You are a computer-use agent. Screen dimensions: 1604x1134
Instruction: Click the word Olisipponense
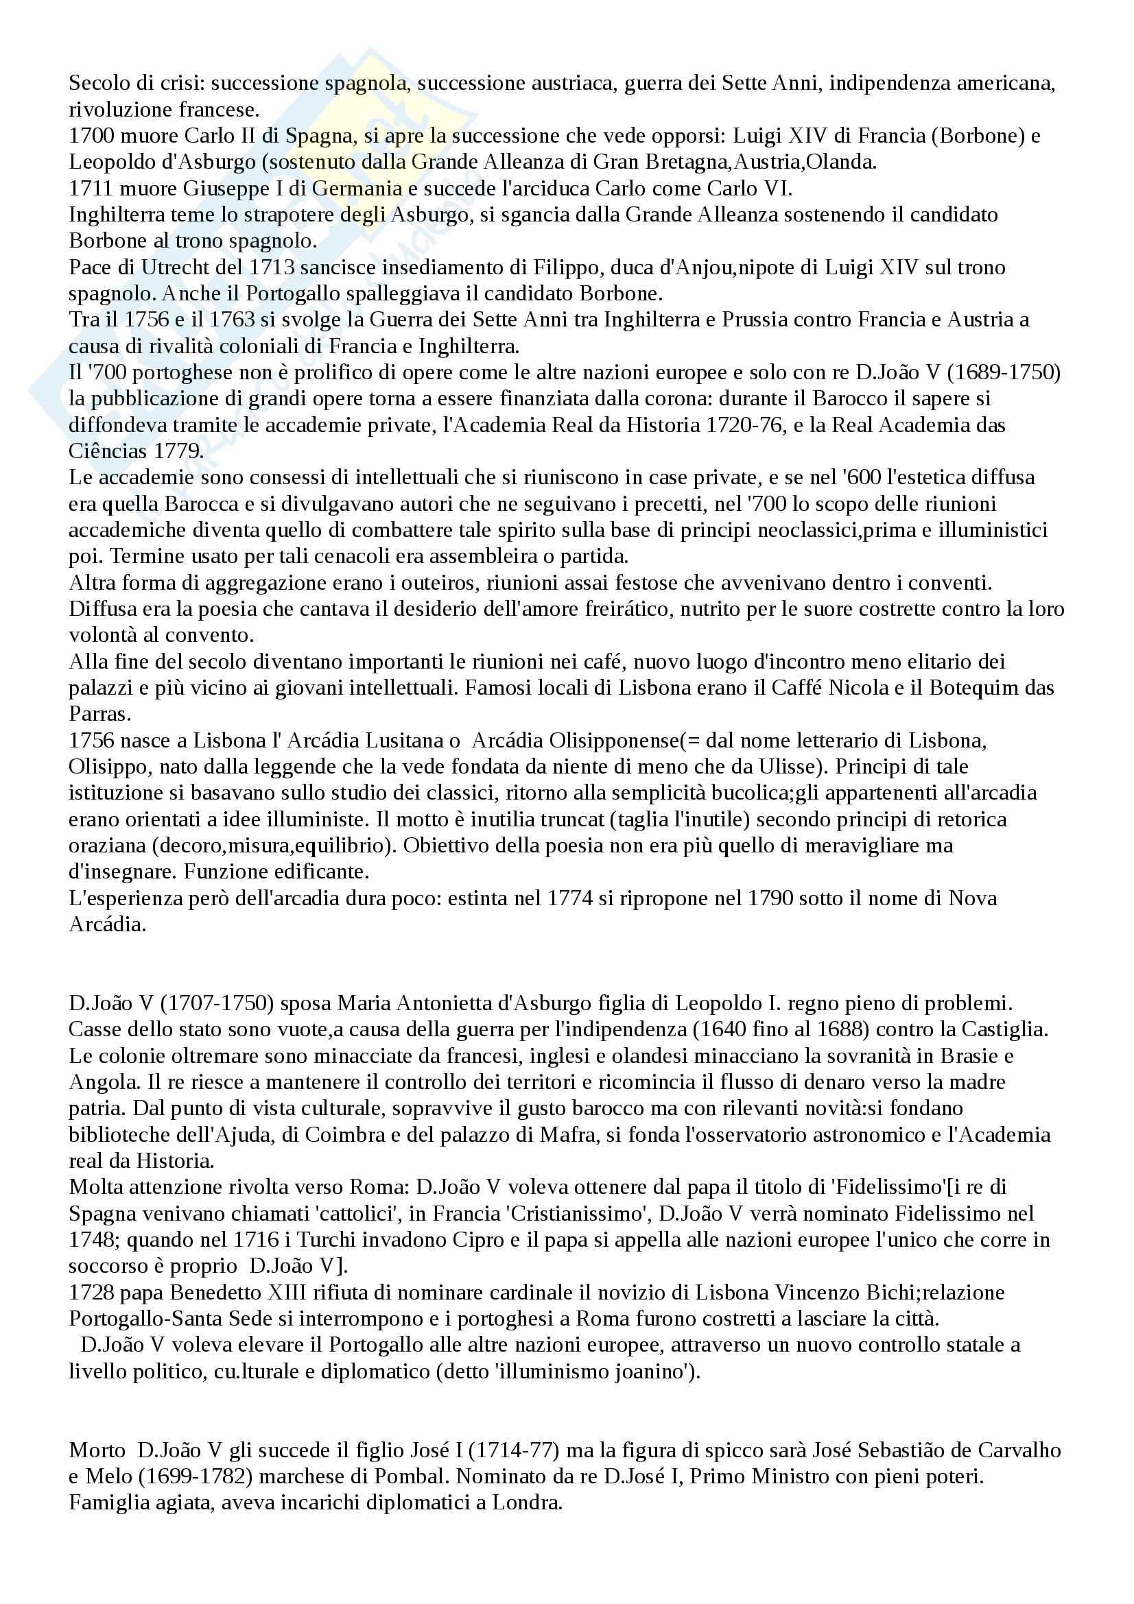(x=603, y=740)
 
